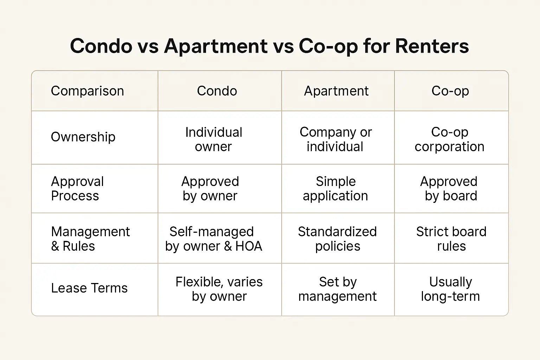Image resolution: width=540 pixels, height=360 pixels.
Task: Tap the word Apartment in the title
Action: (216, 46)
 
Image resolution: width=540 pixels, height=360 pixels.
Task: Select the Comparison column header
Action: (87, 91)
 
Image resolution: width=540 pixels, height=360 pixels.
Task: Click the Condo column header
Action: (217, 91)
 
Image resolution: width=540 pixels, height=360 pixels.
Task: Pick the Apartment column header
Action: (336, 91)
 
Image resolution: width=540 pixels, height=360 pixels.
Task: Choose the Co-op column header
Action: (450, 91)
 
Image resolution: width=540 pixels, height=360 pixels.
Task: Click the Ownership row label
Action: (83, 137)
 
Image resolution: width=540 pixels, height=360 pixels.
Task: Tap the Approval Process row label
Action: (77, 188)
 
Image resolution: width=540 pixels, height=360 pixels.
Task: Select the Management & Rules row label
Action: (90, 239)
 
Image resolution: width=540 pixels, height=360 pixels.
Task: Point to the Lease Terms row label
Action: (89, 288)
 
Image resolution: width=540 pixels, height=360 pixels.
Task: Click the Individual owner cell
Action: (214, 139)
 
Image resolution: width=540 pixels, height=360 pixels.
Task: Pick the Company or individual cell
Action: (336, 139)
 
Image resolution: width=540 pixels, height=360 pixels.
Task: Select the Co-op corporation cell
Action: (450, 139)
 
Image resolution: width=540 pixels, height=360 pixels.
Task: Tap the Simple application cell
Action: (336, 188)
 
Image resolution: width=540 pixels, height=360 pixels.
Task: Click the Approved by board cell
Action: (449, 188)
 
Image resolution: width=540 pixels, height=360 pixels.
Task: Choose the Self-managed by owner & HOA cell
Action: (214, 239)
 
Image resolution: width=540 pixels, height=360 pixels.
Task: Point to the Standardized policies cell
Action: (337, 239)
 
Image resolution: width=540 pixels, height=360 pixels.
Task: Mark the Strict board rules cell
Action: (451, 239)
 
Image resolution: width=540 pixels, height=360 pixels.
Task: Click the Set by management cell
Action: (337, 289)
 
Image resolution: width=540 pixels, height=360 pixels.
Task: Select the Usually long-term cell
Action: (450, 289)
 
